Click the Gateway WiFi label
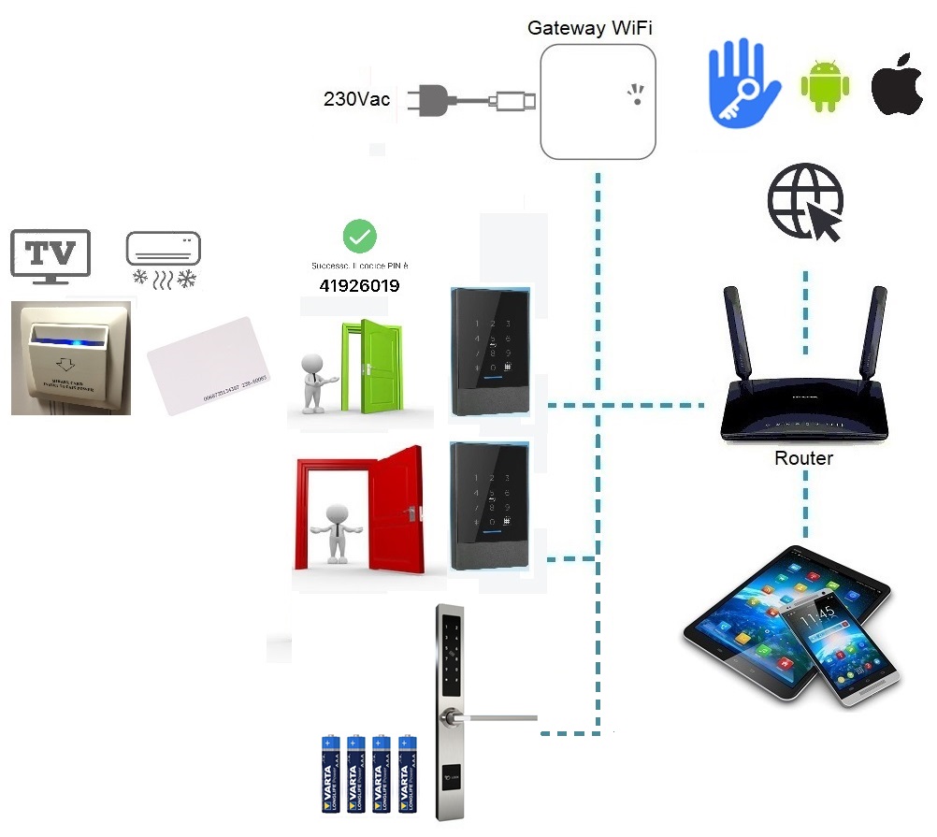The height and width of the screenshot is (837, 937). (x=589, y=28)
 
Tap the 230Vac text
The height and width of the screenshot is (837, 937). (x=356, y=99)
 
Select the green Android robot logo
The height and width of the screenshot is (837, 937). (x=825, y=86)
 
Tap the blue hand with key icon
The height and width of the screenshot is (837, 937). (x=742, y=82)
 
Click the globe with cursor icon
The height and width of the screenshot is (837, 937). (x=805, y=201)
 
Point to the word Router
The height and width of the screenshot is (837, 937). (x=803, y=458)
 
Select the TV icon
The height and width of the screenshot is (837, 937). (x=50, y=253)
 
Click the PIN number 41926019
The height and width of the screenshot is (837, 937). (x=359, y=286)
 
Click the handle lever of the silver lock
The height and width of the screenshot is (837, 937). (x=496, y=719)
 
